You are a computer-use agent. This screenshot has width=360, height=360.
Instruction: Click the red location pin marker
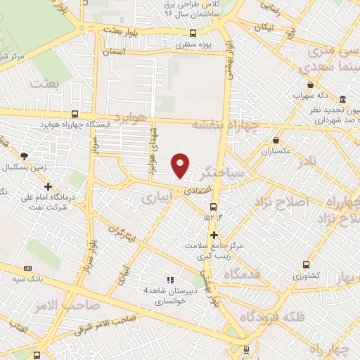[x=181, y=165]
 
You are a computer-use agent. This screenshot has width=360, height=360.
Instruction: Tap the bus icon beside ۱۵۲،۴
[x=213, y=206]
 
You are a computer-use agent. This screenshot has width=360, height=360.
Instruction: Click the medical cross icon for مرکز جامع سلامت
[x=214, y=235]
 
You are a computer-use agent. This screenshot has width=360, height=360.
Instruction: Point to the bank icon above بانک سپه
[x=27, y=268]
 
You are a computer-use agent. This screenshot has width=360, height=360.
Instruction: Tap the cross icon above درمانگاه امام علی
[x=48, y=186]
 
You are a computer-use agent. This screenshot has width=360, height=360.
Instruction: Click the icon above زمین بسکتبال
[x=25, y=155]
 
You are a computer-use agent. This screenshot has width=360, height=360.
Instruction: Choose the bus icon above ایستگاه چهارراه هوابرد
[x=75, y=114]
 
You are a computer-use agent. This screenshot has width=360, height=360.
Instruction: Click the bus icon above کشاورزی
[x=306, y=264]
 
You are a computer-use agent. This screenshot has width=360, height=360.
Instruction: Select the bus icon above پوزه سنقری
[x=193, y=33]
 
